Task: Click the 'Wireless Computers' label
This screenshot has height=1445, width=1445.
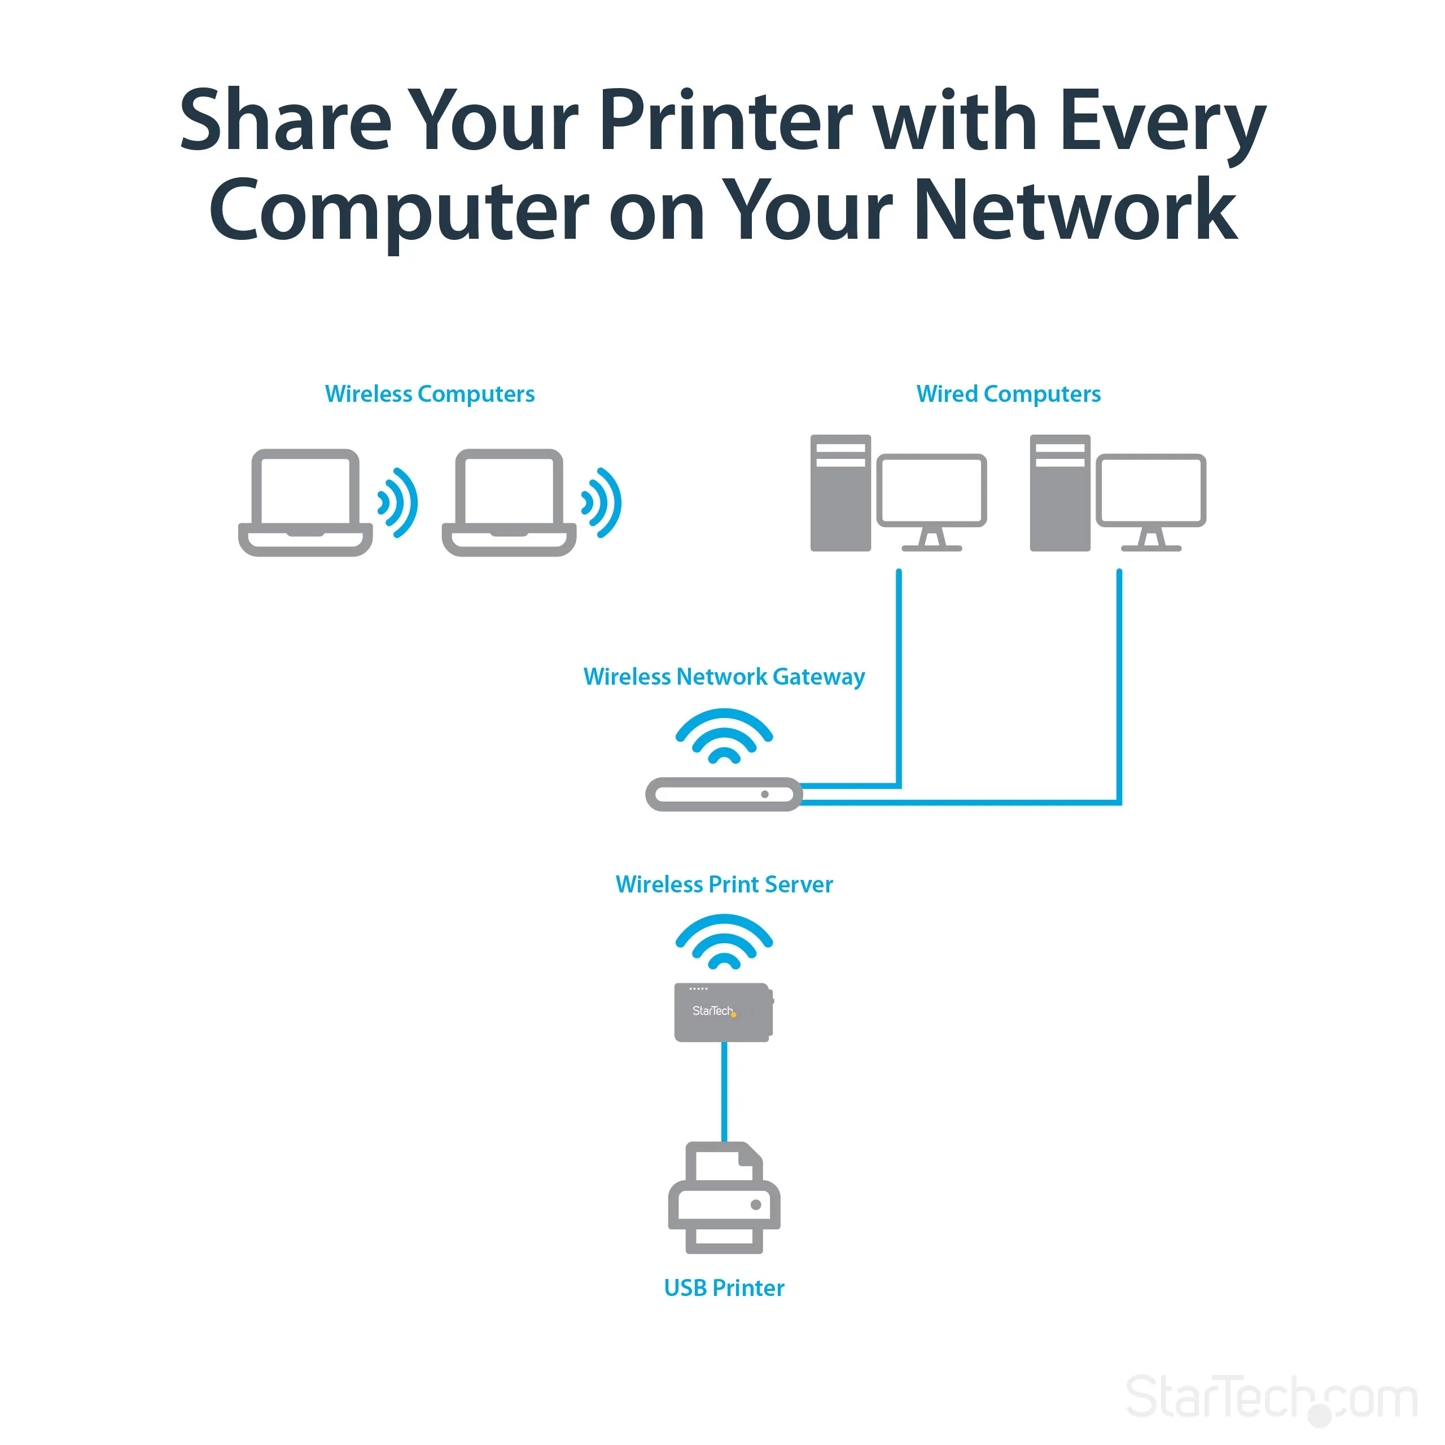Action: point(430,393)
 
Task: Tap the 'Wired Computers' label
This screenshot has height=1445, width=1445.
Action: point(1008,393)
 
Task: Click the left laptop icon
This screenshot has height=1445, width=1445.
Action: point(305,502)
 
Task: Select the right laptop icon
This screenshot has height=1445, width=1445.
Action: point(509,502)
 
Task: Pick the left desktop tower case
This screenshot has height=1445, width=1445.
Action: point(840,494)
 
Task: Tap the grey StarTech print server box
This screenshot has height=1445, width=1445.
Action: point(722,1012)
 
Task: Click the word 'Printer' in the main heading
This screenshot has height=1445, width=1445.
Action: point(725,121)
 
